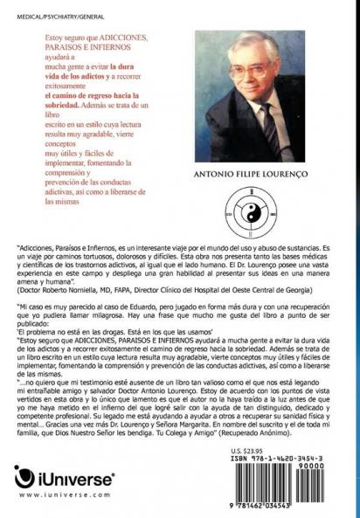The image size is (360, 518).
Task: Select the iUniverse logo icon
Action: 24,478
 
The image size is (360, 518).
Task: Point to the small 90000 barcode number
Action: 336,465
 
